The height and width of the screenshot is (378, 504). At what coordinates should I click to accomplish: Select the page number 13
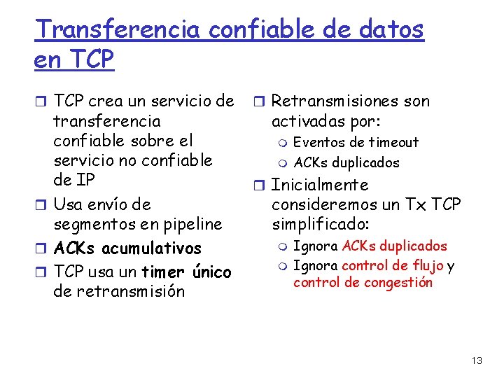[477, 360]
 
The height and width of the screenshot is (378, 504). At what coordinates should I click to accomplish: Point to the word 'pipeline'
[192, 224]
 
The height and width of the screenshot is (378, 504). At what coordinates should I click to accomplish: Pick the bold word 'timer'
[164, 272]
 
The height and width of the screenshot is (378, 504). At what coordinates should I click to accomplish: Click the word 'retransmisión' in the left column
[119, 291]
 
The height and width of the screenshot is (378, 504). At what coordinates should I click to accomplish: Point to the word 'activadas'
[305, 121]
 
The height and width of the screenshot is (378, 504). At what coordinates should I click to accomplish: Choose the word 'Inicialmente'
[319, 185]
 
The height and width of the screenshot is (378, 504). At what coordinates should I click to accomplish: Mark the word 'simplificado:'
[321, 224]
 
